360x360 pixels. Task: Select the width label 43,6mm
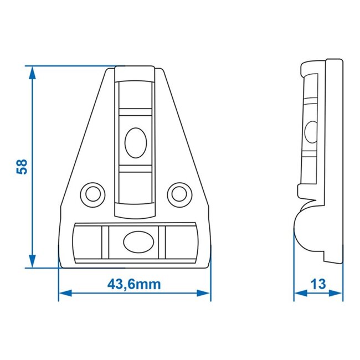[134, 285]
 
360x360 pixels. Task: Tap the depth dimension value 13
[318, 284]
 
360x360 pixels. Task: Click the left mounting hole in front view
[92, 193]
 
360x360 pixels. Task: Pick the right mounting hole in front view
[179, 193]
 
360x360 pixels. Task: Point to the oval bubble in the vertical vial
[135, 143]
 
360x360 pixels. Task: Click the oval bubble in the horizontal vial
[135, 240]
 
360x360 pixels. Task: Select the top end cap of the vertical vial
[135, 75]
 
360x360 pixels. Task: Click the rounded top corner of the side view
[304, 65]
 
